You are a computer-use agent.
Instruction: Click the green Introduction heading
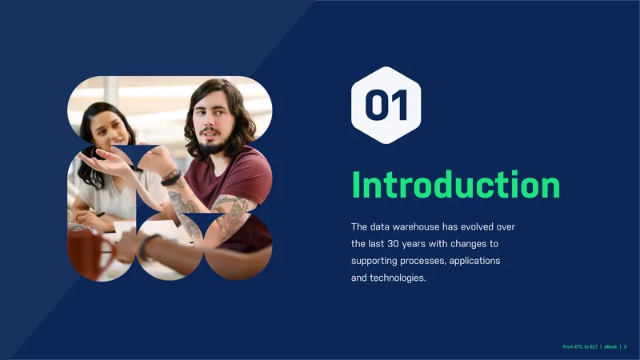tap(456, 185)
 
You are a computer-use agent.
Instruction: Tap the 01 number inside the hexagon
tap(386, 105)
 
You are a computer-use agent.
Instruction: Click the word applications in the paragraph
tap(474, 261)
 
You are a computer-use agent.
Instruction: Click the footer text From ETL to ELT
tap(580, 346)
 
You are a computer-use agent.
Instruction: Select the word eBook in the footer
tap(610, 346)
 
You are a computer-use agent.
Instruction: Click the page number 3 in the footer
tap(625, 346)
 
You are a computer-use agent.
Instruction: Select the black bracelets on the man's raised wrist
tap(171, 178)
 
